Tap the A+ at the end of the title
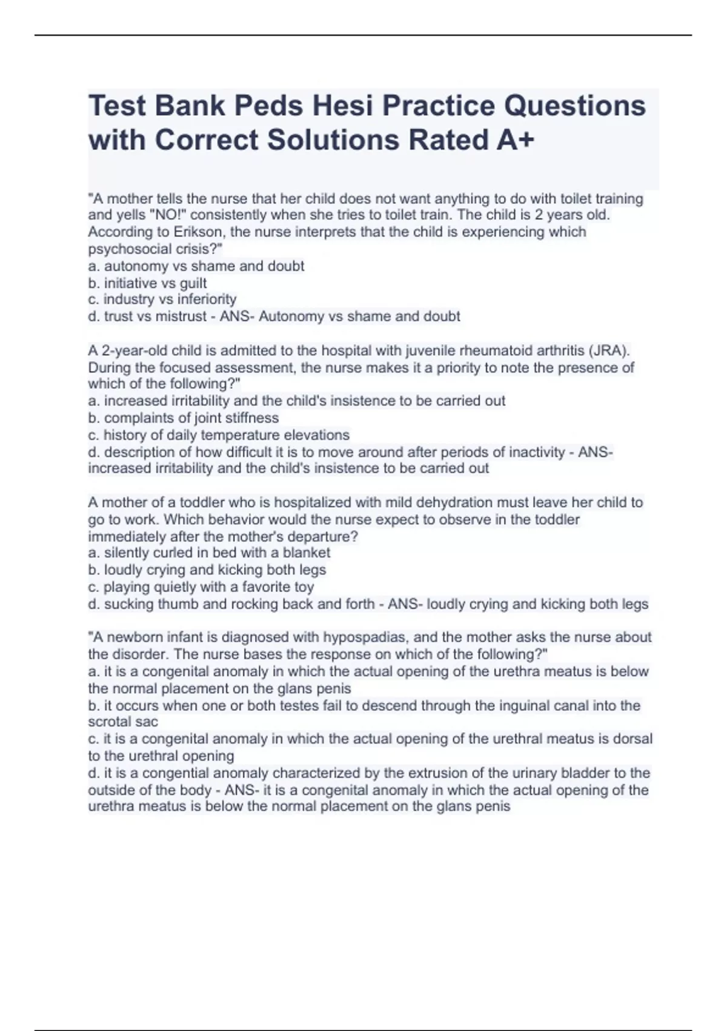pyautogui.click(x=516, y=139)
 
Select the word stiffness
pyautogui.click(x=250, y=418)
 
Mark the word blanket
pyautogui.click(x=307, y=553)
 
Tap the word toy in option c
pyautogui.click(x=304, y=587)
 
